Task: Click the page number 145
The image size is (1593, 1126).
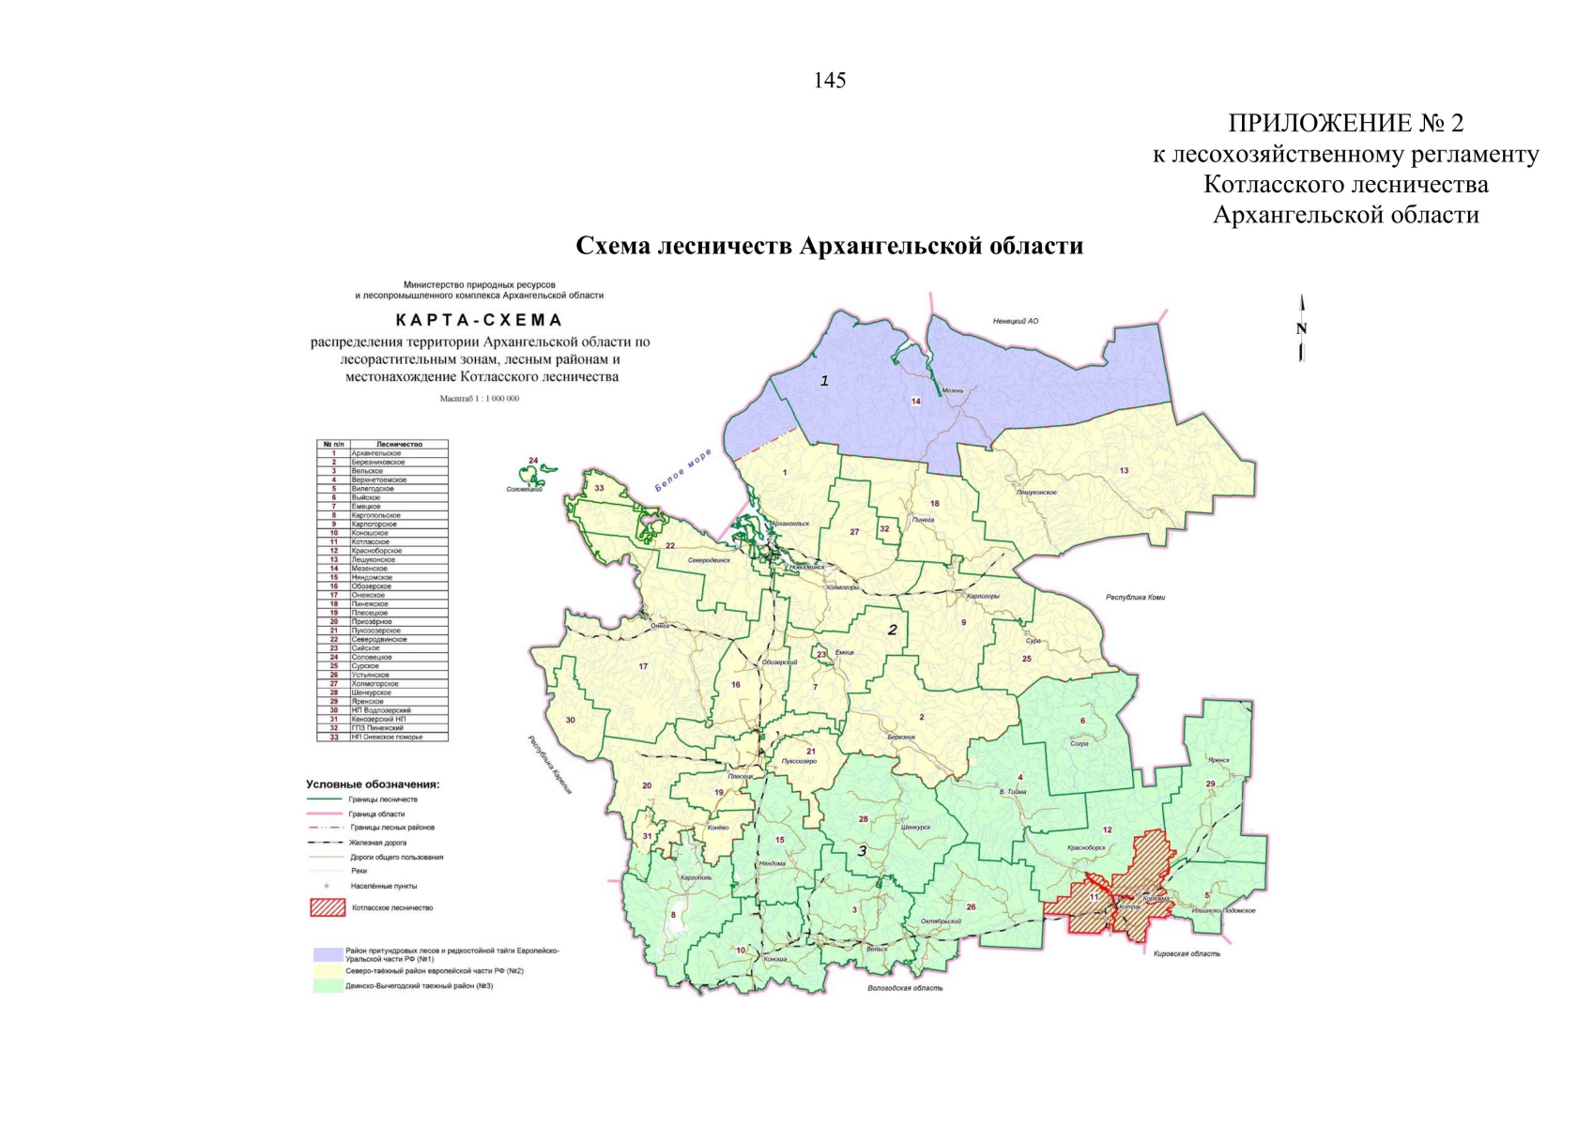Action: (830, 81)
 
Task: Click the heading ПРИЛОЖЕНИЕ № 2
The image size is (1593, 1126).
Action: (1345, 123)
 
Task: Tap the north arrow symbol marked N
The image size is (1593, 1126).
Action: (1301, 328)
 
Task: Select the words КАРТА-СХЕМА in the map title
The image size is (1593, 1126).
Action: (479, 320)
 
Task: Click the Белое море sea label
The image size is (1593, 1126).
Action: (683, 470)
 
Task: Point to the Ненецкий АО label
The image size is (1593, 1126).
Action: (1015, 321)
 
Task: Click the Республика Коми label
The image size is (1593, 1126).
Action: (1135, 598)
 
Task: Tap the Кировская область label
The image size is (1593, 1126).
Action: (1187, 953)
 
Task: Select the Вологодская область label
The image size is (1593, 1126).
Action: (905, 987)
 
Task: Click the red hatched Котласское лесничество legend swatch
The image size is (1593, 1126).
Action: (328, 907)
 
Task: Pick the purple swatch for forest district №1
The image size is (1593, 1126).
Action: (328, 954)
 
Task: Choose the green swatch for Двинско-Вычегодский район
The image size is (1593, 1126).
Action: (328, 986)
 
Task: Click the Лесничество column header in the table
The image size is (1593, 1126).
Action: (399, 444)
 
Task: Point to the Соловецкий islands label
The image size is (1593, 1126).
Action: (525, 489)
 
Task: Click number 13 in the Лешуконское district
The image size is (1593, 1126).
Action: (1124, 470)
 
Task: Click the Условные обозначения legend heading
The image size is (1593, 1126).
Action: (373, 784)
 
